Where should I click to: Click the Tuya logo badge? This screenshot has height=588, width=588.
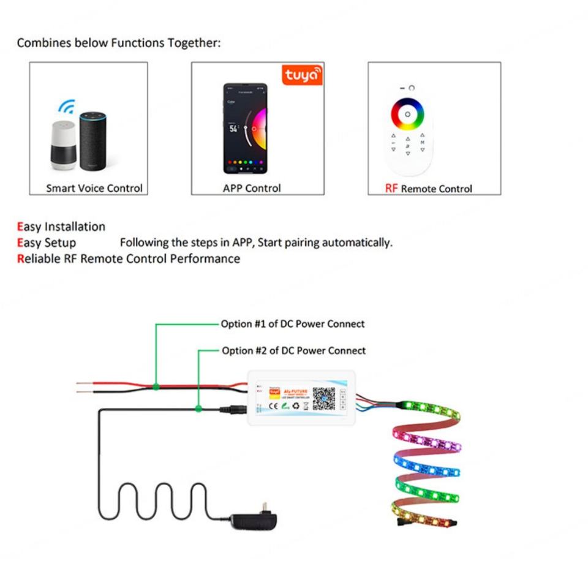302,75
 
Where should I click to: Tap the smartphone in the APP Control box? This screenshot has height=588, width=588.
244,129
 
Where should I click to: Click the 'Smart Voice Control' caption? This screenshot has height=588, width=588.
94,189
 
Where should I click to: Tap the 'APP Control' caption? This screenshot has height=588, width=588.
252,189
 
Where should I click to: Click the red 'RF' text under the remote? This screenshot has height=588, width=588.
391,189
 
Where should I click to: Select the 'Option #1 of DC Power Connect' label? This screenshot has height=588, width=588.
293,323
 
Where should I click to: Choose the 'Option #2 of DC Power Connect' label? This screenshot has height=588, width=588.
293,350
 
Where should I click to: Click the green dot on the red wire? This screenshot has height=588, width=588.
156,386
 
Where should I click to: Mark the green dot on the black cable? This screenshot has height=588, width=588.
198,408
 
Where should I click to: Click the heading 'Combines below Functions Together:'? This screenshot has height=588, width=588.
119,43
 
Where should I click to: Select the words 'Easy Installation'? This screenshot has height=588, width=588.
61,227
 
